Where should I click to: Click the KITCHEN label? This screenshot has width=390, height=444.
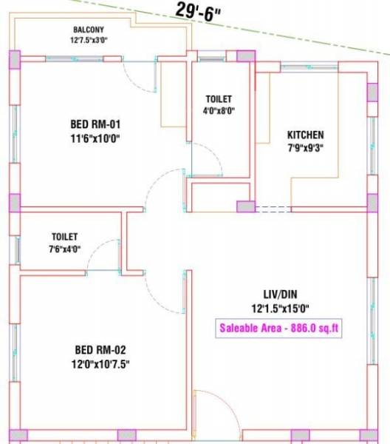(x=305, y=135)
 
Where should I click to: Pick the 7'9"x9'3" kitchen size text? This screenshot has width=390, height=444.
(x=305, y=148)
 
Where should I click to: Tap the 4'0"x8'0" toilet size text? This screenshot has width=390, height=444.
(x=219, y=112)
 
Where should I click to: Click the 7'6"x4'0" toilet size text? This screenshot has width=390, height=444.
(x=65, y=249)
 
